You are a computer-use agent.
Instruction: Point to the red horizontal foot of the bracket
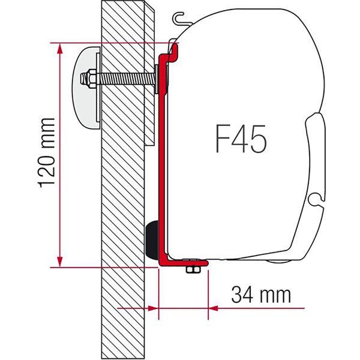coord(182,262)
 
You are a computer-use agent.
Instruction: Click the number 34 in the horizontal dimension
coord(241,295)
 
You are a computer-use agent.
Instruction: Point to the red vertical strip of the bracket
coord(161,162)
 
